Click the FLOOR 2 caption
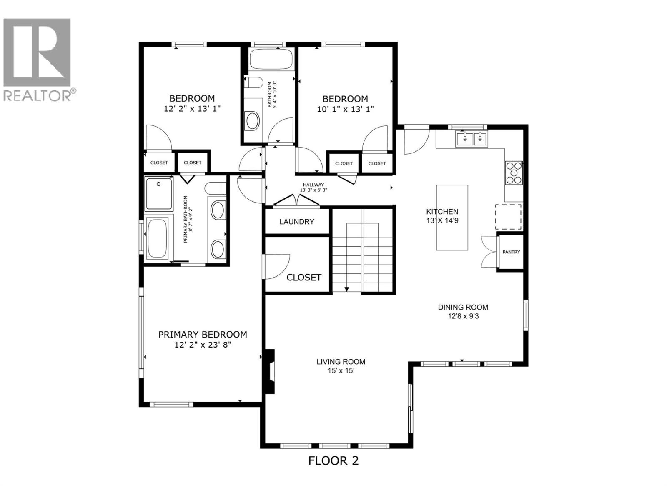pos(333,460)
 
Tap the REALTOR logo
pos(38,58)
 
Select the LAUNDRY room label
pos(296,222)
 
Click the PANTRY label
pos(511,252)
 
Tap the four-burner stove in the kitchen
pos(514,172)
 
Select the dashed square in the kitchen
pos(508,217)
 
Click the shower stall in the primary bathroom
pos(158,194)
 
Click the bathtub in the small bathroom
pos(271,59)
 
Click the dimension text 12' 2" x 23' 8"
pos(203,345)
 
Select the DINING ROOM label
pos(463,307)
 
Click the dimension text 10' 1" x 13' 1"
pos(345,109)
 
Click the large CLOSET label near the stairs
pos(304,277)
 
